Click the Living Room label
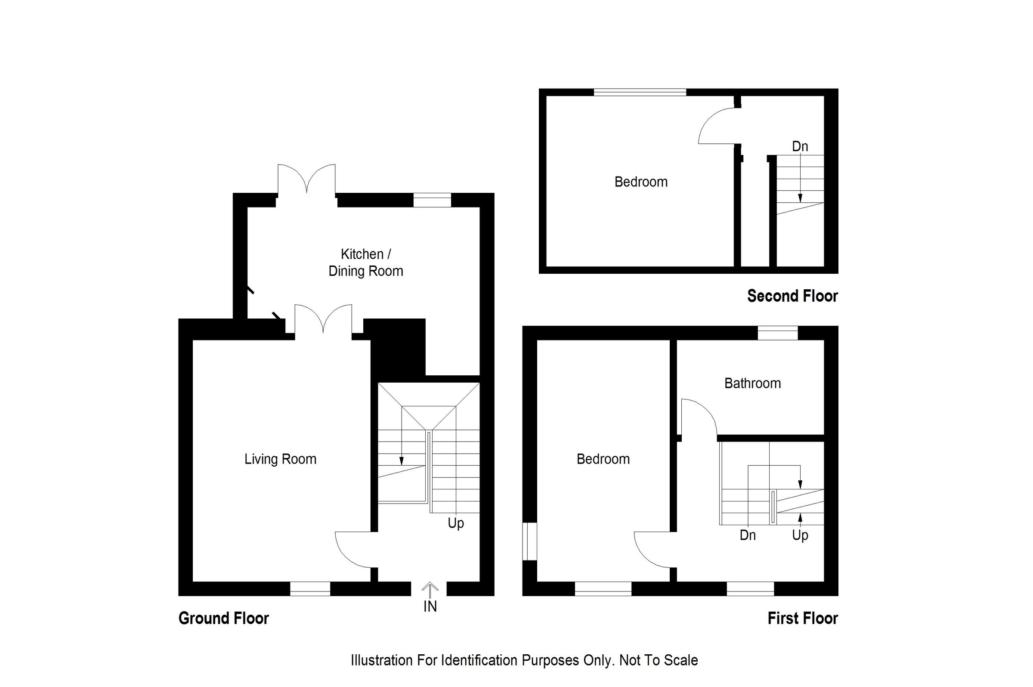[x=280, y=459]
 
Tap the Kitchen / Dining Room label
[x=365, y=263]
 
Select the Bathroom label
[x=752, y=384]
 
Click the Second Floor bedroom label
[x=640, y=182]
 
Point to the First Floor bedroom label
[x=603, y=459]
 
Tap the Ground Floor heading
[x=223, y=618]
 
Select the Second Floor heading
[x=792, y=296]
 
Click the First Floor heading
[x=802, y=618]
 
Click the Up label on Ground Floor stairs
[x=456, y=523]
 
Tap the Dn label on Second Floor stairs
[x=800, y=146]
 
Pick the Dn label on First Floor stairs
[x=747, y=535]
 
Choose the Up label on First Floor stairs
[x=800, y=535]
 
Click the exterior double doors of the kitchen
[x=306, y=179]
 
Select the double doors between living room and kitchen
[x=323, y=320]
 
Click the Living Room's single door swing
[x=353, y=550]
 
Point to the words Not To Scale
[x=658, y=660]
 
